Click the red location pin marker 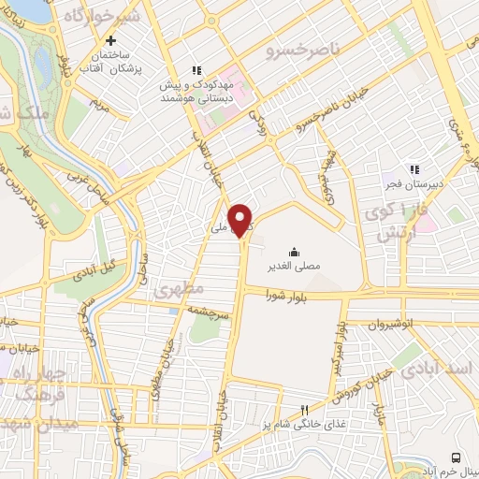(241, 219)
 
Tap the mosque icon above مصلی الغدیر (294, 252)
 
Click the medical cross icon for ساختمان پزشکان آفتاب (110, 41)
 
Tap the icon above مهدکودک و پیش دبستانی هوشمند (196, 69)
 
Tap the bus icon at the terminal (456, 457)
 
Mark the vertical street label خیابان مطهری (174, 347)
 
